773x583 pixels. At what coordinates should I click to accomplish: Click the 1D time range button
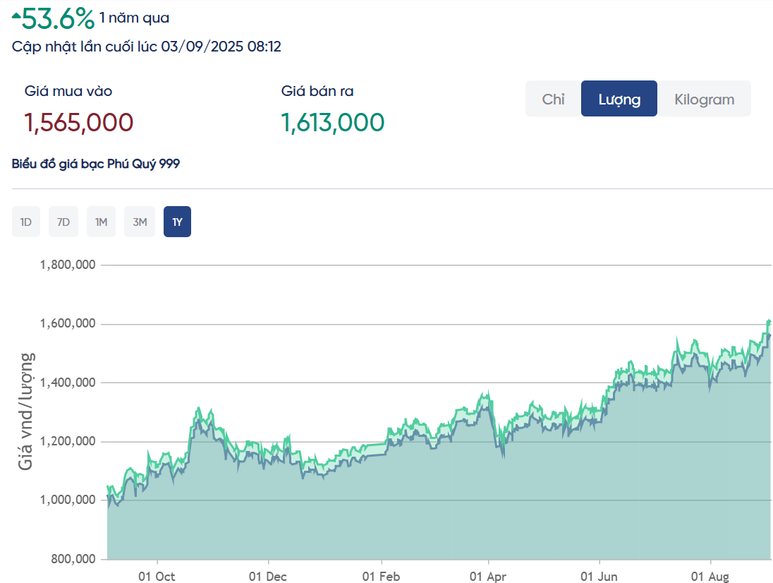pyautogui.click(x=26, y=222)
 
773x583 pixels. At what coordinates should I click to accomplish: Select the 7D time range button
pyautogui.click(x=63, y=222)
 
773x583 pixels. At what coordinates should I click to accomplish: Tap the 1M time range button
pyautogui.click(x=101, y=222)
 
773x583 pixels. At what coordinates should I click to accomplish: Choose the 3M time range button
pyautogui.click(x=140, y=222)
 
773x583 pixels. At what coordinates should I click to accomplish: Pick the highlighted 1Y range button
pyautogui.click(x=177, y=222)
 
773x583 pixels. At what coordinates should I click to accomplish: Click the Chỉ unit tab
pyautogui.click(x=553, y=99)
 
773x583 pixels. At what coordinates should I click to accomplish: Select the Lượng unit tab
pyautogui.click(x=619, y=99)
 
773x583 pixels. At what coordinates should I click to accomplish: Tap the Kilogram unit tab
pyautogui.click(x=704, y=99)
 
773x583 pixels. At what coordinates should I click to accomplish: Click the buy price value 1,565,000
pyautogui.click(x=79, y=123)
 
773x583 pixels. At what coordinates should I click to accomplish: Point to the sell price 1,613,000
pyautogui.click(x=333, y=123)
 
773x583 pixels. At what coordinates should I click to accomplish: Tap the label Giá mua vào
pyautogui.click(x=68, y=91)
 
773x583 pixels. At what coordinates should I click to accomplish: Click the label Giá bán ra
pyautogui.click(x=317, y=91)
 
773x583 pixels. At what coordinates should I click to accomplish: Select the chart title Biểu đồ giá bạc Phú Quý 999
pyautogui.click(x=96, y=164)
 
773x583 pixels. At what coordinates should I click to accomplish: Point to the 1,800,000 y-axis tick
pyautogui.click(x=68, y=265)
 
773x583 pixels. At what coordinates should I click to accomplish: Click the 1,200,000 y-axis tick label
pyautogui.click(x=68, y=442)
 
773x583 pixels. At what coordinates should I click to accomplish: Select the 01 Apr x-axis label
pyautogui.click(x=489, y=577)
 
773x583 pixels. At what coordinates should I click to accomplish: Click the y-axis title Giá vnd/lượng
pyautogui.click(x=26, y=412)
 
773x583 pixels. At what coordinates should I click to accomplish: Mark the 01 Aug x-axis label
pyautogui.click(x=710, y=577)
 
